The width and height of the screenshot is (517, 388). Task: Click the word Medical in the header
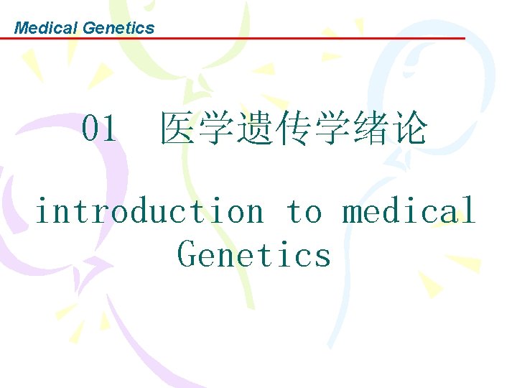pyautogui.click(x=47, y=28)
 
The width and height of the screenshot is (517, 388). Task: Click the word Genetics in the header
pyautogui.click(x=118, y=28)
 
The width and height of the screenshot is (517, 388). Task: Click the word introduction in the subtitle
pyautogui.click(x=149, y=211)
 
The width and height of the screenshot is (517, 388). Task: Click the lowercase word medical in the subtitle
pyautogui.click(x=408, y=211)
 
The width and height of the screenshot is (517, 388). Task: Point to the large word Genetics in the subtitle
pyautogui.click(x=254, y=254)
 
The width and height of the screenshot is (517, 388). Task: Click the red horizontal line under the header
pyautogui.click(x=287, y=39)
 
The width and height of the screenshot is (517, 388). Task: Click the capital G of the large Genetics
pyautogui.click(x=187, y=254)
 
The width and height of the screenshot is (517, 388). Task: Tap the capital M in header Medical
pyautogui.click(x=20, y=28)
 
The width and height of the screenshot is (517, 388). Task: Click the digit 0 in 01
pyautogui.click(x=90, y=129)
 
